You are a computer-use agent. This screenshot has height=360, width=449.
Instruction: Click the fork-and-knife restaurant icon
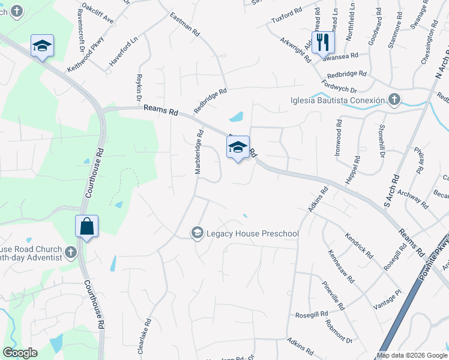324,41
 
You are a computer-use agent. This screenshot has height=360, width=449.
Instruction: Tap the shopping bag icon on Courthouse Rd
86,227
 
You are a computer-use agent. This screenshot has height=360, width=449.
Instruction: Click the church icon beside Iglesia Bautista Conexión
394,99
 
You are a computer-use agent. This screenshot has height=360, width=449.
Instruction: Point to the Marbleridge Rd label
199,153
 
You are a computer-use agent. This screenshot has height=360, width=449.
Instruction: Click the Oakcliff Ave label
98,13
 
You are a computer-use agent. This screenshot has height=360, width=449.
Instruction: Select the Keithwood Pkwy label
86,55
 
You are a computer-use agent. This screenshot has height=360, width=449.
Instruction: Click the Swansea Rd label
340,55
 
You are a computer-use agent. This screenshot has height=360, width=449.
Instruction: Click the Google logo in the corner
20,353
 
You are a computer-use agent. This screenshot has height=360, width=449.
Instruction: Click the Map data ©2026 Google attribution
412,355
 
